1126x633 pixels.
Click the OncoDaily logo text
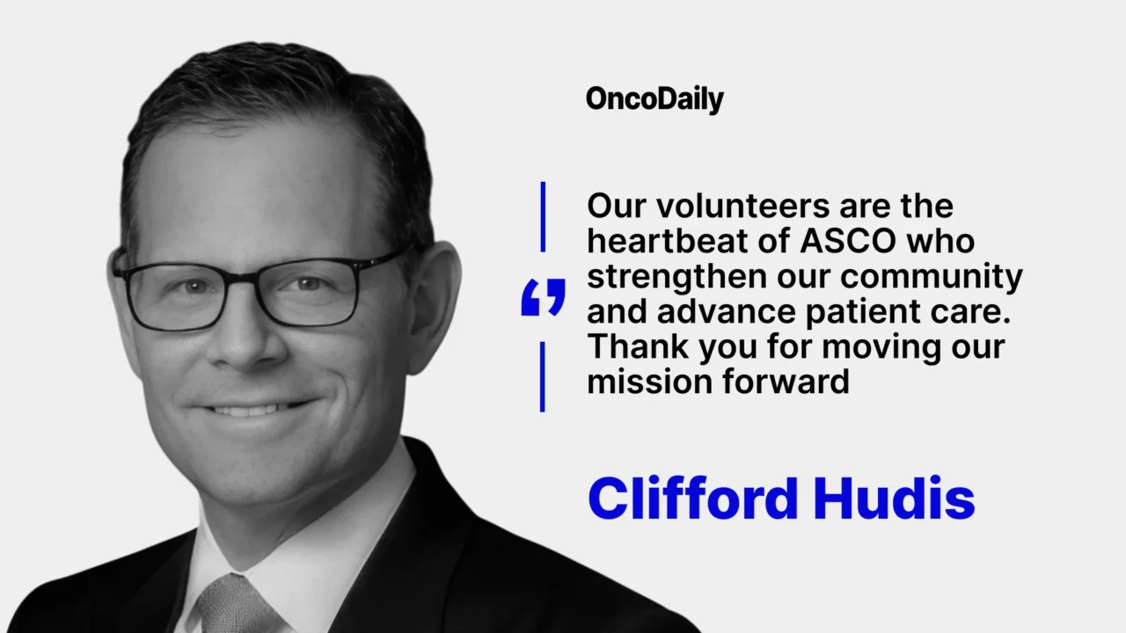pyautogui.click(x=654, y=99)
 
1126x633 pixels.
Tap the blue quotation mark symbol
pyautogui.click(x=543, y=298)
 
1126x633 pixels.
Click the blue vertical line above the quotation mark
pyautogui.click(x=543, y=216)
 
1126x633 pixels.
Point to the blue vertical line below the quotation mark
pyautogui.click(x=543, y=376)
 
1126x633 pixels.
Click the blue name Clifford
pyautogui.click(x=692, y=498)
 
